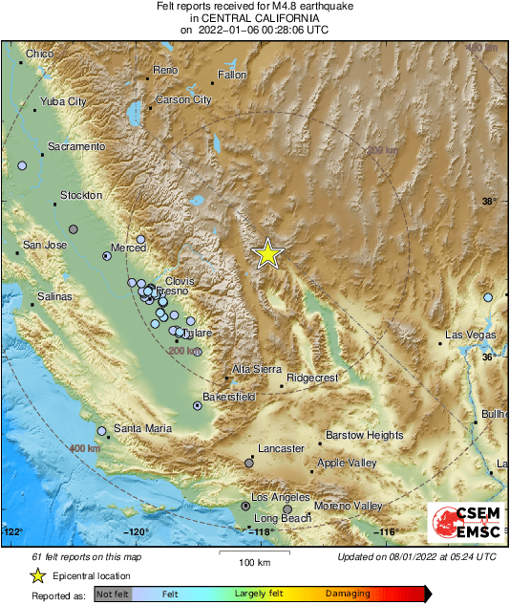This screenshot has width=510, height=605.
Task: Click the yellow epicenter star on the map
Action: [268, 253]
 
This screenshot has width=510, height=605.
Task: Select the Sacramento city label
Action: [75, 146]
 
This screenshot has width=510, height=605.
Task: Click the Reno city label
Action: [165, 71]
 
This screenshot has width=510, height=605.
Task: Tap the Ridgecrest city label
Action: [312, 378]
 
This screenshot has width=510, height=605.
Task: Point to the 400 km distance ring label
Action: [85, 447]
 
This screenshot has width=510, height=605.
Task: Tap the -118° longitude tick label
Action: [263, 532]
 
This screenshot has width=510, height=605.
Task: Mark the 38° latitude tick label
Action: [489, 202]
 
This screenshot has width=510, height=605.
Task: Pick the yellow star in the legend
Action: [37, 576]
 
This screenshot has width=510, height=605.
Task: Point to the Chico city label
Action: [40, 54]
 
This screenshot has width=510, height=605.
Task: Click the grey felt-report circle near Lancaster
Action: [249, 463]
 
